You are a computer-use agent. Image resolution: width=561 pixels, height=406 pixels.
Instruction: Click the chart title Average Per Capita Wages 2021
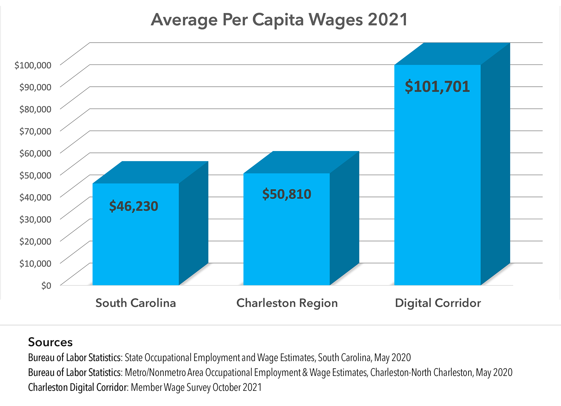279,20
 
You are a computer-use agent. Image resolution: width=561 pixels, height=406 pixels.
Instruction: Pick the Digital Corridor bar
437,189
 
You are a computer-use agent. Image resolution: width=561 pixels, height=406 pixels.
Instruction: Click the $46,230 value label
134,206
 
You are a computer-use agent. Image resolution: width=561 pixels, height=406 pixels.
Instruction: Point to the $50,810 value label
287,194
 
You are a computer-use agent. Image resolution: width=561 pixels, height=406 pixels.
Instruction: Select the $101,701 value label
437,87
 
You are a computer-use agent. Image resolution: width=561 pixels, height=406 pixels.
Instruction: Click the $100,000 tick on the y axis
33,65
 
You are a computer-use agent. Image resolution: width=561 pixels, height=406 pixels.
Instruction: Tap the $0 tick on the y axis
46,286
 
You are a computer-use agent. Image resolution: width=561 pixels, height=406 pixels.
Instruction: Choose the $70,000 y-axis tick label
35,131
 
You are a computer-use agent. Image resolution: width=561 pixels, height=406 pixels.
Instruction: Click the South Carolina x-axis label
136,303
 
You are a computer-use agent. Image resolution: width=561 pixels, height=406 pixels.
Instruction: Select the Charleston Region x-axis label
287,303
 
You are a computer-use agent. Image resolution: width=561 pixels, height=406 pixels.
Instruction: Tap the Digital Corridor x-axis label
438,303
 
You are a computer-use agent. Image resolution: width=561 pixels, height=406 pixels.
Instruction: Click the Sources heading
50,342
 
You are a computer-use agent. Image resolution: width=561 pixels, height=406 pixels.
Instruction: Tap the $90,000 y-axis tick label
35,87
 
